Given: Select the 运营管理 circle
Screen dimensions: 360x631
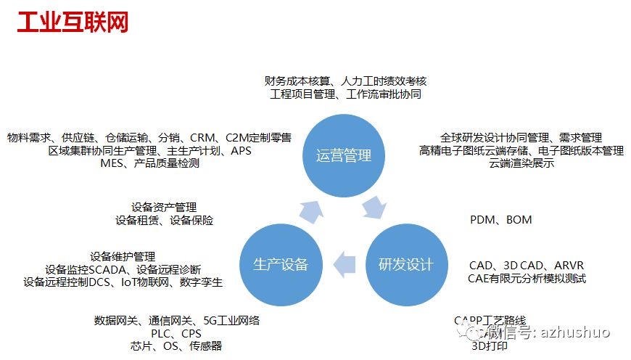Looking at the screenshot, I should (344, 155).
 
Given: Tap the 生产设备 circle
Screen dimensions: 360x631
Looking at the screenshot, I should (281, 264).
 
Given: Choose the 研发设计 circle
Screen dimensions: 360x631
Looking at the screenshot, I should (405, 264).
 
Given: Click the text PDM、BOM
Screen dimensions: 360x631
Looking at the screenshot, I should (500, 219).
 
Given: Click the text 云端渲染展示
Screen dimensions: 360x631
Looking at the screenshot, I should (521, 163).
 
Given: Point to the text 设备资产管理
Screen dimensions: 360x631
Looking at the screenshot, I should (164, 207).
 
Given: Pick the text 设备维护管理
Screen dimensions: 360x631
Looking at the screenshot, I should (123, 256).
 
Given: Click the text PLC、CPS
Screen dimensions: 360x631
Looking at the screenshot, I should (176, 333).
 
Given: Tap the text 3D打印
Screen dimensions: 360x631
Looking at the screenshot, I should (490, 345).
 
